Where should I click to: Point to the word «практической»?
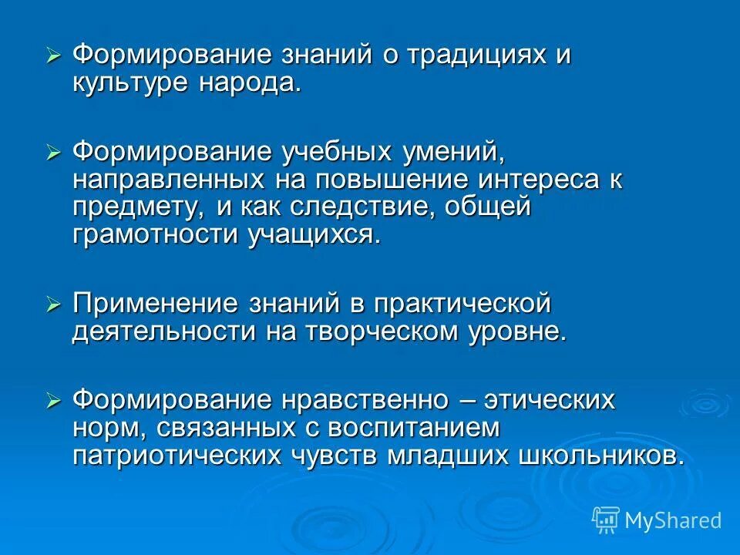tap(462, 304)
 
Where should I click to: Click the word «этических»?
tap(547, 401)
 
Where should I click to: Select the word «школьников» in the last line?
tap(594, 455)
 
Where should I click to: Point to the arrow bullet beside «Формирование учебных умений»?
tap(53, 153)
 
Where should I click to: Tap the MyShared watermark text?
tap(673, 520)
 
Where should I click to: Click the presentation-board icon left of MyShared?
tap(606, 520)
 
